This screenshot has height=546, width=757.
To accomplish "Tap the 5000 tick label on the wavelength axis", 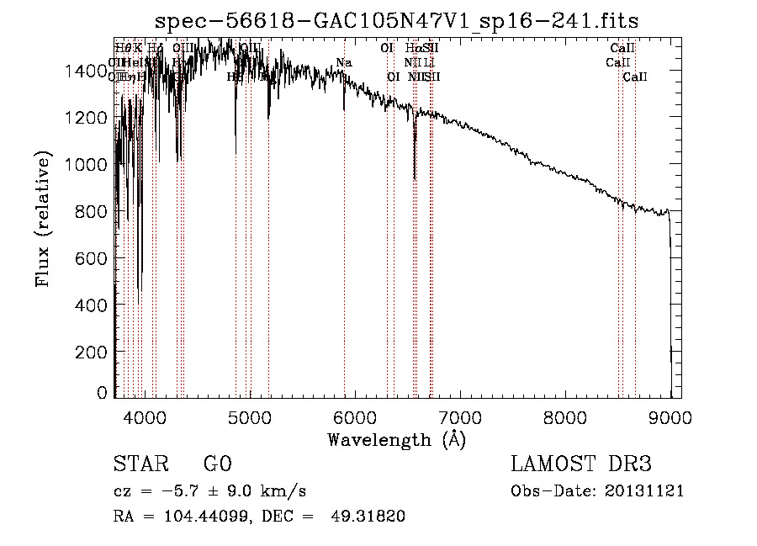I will point(250,416).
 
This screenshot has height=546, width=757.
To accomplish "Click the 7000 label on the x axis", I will point(460,416).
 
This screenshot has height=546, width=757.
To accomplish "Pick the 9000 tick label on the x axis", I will point(670,416).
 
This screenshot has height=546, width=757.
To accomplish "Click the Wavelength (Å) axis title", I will point(396,439).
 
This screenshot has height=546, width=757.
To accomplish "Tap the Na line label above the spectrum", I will point(343,62).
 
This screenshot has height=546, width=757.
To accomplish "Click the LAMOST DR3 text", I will point(581,465).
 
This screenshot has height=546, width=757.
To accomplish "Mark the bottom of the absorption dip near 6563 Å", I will point(415,178).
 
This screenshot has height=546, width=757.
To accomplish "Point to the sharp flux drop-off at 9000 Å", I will point(670,294).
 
